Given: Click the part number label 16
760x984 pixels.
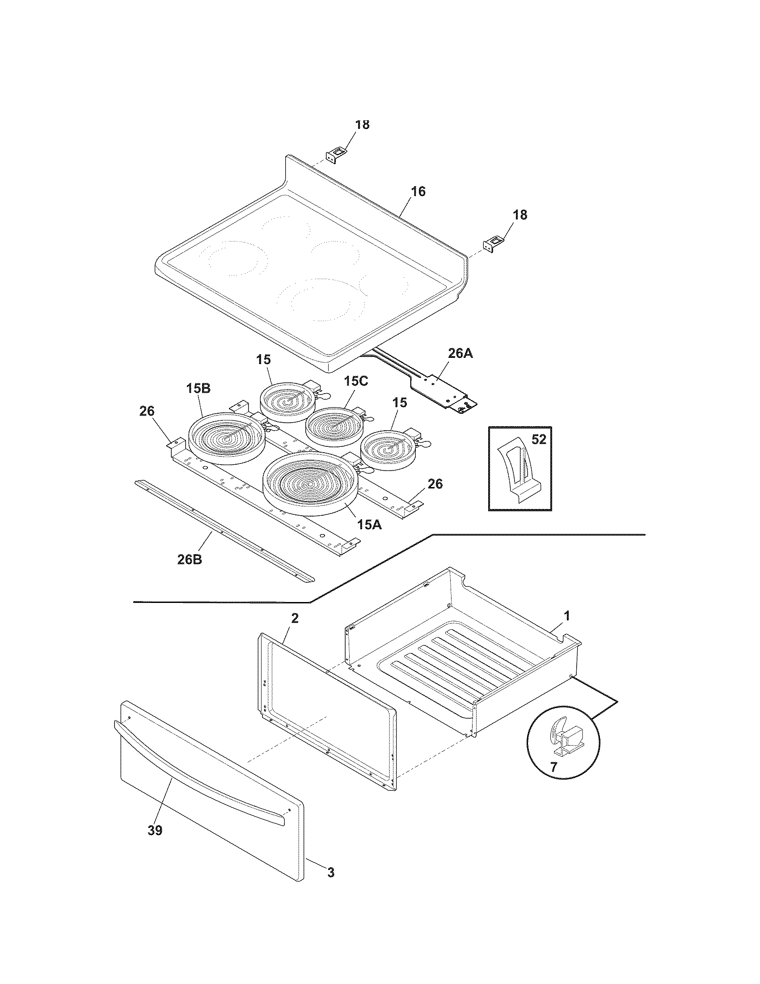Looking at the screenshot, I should (x=418, y=191).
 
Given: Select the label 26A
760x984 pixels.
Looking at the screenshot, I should (x=460, y=353).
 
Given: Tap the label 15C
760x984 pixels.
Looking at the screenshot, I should (x=356, y=381).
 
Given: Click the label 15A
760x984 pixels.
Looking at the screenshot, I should (x=370, y=525).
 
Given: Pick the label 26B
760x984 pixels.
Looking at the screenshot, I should (x=190, y=560).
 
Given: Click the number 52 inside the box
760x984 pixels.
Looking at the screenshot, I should (x=539, y=439).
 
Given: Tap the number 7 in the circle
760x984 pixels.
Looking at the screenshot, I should (x=553, y=767).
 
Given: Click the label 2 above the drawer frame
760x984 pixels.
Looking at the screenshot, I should (x=295, y=619).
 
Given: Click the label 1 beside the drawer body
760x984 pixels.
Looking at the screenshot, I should (x=567, y=615).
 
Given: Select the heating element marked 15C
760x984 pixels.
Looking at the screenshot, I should (x=333, y=426).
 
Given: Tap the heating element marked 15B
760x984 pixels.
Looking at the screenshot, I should (x=227, y=438).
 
